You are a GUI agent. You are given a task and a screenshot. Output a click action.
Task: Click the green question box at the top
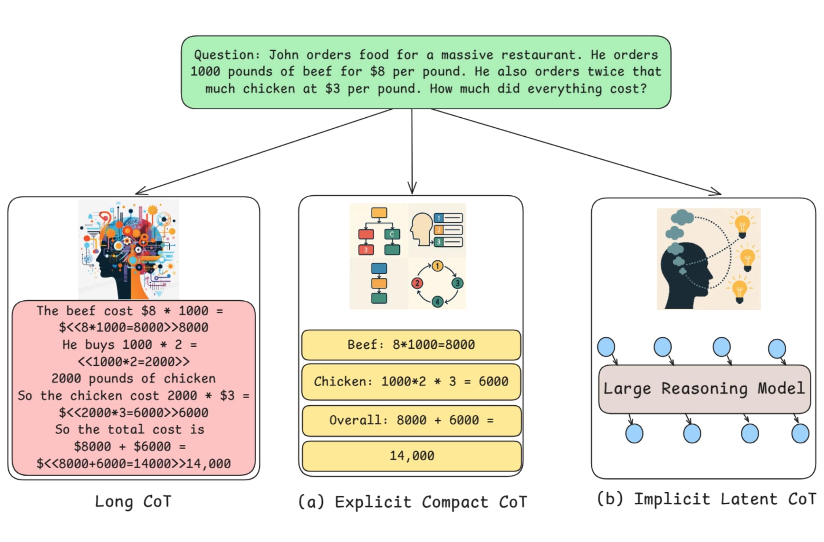pyautogui.click(x=426, y=72)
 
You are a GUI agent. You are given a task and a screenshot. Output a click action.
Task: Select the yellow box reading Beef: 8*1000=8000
pyautogui.click(x=411, y=344)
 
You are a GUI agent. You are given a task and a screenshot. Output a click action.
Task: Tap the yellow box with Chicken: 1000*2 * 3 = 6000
pyautogui.click(x=411, y=382)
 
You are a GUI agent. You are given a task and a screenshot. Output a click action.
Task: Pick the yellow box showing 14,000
pyautogui.click(x=412, y=456)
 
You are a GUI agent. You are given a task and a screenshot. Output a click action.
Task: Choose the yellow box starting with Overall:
pyautogui.click(x=412, y=420)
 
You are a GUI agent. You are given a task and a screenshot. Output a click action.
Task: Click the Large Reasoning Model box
pyautogui.click(x=704, y=389)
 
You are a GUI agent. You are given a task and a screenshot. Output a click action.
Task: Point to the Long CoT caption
pyautogui.click(x=133, y=502)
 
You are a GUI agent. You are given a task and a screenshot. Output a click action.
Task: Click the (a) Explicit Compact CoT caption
pyautogui.click(x=412, y=502)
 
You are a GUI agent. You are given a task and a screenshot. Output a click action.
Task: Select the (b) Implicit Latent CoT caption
pyautogui.click(x=706, y=499)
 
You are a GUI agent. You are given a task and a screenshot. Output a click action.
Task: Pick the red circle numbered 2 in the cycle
pyautogui.click(x=417, y=283)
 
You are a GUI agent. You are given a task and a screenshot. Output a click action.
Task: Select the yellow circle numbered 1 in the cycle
pyautogui.click(x=437, y=266)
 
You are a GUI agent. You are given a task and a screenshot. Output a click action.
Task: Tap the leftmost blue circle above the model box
pyautogui.click(x=606, y=347)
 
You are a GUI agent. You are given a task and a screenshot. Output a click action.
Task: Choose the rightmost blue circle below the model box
pyautogui.click(x=800, y=433)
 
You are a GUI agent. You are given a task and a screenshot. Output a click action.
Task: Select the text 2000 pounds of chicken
pyautogui.click(x=133, y=378)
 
